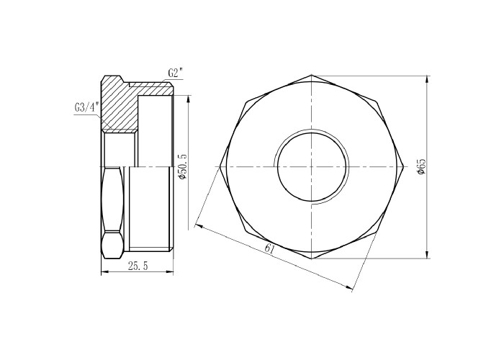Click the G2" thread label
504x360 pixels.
point(175,73)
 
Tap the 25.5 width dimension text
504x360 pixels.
point(138,266)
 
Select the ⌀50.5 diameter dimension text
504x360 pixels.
point(182,167)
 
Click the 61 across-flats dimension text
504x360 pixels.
point(270,249)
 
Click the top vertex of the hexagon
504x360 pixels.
point(312,75)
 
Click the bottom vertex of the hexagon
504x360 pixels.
point(312,258)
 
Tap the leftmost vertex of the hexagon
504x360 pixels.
point(220,166)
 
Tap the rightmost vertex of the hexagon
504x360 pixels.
point(403,166)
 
